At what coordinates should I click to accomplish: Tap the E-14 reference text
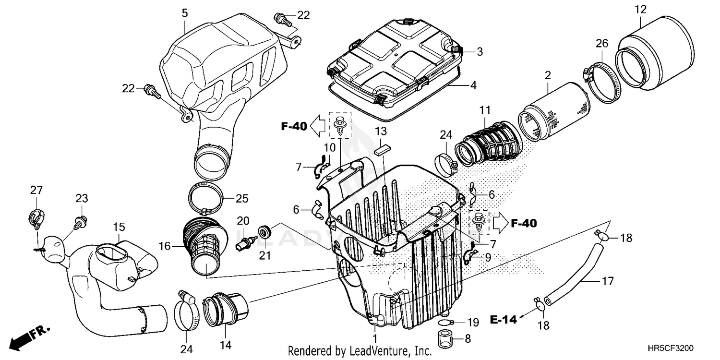[504, 319]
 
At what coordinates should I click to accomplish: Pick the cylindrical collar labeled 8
[445, 338]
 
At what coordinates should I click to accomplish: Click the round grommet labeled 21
[263, 233]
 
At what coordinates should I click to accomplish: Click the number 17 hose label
[608, 281]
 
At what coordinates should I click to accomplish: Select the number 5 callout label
[185, 13]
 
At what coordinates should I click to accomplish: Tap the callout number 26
[602, 44]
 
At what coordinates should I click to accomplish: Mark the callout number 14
[226, 345]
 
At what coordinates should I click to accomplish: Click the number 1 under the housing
[375, 329]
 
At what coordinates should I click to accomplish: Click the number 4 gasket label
[473, 86]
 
